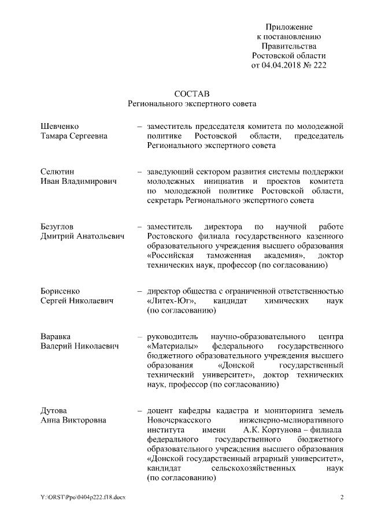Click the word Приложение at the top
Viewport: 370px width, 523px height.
(x=289, y=27)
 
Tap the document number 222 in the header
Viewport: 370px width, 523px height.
(x=319, y=65)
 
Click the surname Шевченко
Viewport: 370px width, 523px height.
(x=60, y=126)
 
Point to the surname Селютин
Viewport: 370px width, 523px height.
(x=58, y=172)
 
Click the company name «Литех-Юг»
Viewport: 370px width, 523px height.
(x=171, y=302)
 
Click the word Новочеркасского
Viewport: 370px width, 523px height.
(x=180, y=421)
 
